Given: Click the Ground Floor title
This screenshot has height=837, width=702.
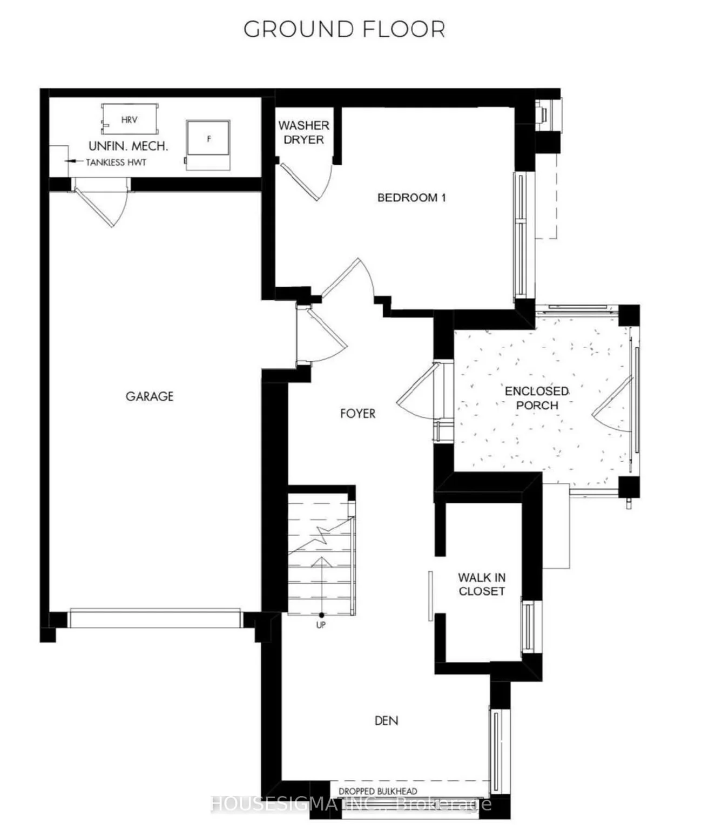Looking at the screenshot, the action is pos(345,30).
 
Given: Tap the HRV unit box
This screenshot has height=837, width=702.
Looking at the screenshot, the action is pos(130,119).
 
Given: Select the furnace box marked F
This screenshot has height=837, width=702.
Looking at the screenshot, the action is pos(208,145).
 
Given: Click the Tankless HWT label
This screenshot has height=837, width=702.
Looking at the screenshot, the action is pos(116,163).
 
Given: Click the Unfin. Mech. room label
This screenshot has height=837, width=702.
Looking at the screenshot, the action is pos(129,146).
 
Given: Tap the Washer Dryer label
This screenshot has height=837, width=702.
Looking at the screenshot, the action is pos(304,132).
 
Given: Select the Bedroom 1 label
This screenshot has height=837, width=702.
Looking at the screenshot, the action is pos(411,198).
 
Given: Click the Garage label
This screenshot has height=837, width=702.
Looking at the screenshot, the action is pos(150,396).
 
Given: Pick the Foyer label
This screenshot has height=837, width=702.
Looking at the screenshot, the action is pos(358,413).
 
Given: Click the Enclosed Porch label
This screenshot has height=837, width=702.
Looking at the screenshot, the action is pos(537,398).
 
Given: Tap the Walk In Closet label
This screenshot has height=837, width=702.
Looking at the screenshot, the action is pos(482,584).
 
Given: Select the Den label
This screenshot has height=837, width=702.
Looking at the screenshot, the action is pos(387,721).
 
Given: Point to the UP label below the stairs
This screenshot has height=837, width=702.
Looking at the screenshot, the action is pos(321,625).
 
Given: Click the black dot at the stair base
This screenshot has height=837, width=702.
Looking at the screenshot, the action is pos(321,615).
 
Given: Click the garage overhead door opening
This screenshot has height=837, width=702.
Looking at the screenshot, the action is pos(155,618).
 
